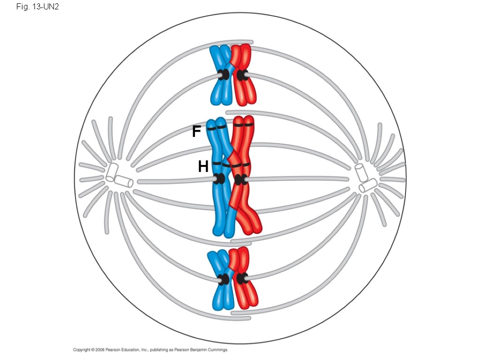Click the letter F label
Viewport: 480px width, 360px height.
point(196,132)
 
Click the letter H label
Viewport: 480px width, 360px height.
point(203,166)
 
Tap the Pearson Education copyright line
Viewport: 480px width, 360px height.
point(150,350)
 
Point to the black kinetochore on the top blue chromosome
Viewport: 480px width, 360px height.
point(225,75)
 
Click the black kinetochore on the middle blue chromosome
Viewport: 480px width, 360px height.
point(219,179)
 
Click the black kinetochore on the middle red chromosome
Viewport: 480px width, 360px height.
point(240,179)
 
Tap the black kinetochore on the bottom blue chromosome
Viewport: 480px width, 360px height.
point(225,279)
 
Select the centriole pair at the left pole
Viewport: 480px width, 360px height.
point(119,177)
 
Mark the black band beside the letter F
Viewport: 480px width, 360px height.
point(216,127)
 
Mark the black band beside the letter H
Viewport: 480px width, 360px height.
point(218,164)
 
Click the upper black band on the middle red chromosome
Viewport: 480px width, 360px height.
point(244,125)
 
